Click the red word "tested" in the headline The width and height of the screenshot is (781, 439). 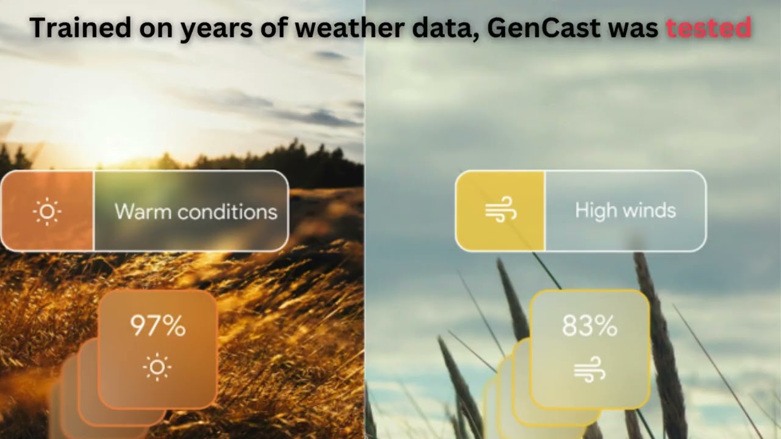click(x=708, y=27)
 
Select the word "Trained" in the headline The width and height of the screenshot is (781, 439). click(x=81, y=27)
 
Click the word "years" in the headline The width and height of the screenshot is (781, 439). click(x=217, y=30)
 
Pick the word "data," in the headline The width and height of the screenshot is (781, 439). click(x=445, y=29)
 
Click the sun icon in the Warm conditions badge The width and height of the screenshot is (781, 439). click(x=47, y=211)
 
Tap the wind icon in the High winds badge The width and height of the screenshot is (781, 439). click(x=501, y=209)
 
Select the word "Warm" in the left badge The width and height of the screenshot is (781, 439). click(x=143, y=211)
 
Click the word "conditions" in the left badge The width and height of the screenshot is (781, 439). click(x=228, y=211)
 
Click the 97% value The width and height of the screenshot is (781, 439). click(x=158, y=326)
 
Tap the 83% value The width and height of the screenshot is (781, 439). click(x=589, y=326)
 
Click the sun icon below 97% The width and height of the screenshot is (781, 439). click(x=157, y=367)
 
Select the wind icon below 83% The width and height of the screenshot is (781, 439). click(x=589, y=369)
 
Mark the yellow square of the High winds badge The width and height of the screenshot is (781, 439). click(x=500, y=211)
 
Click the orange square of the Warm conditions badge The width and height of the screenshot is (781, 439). click(x=48, y=211)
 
